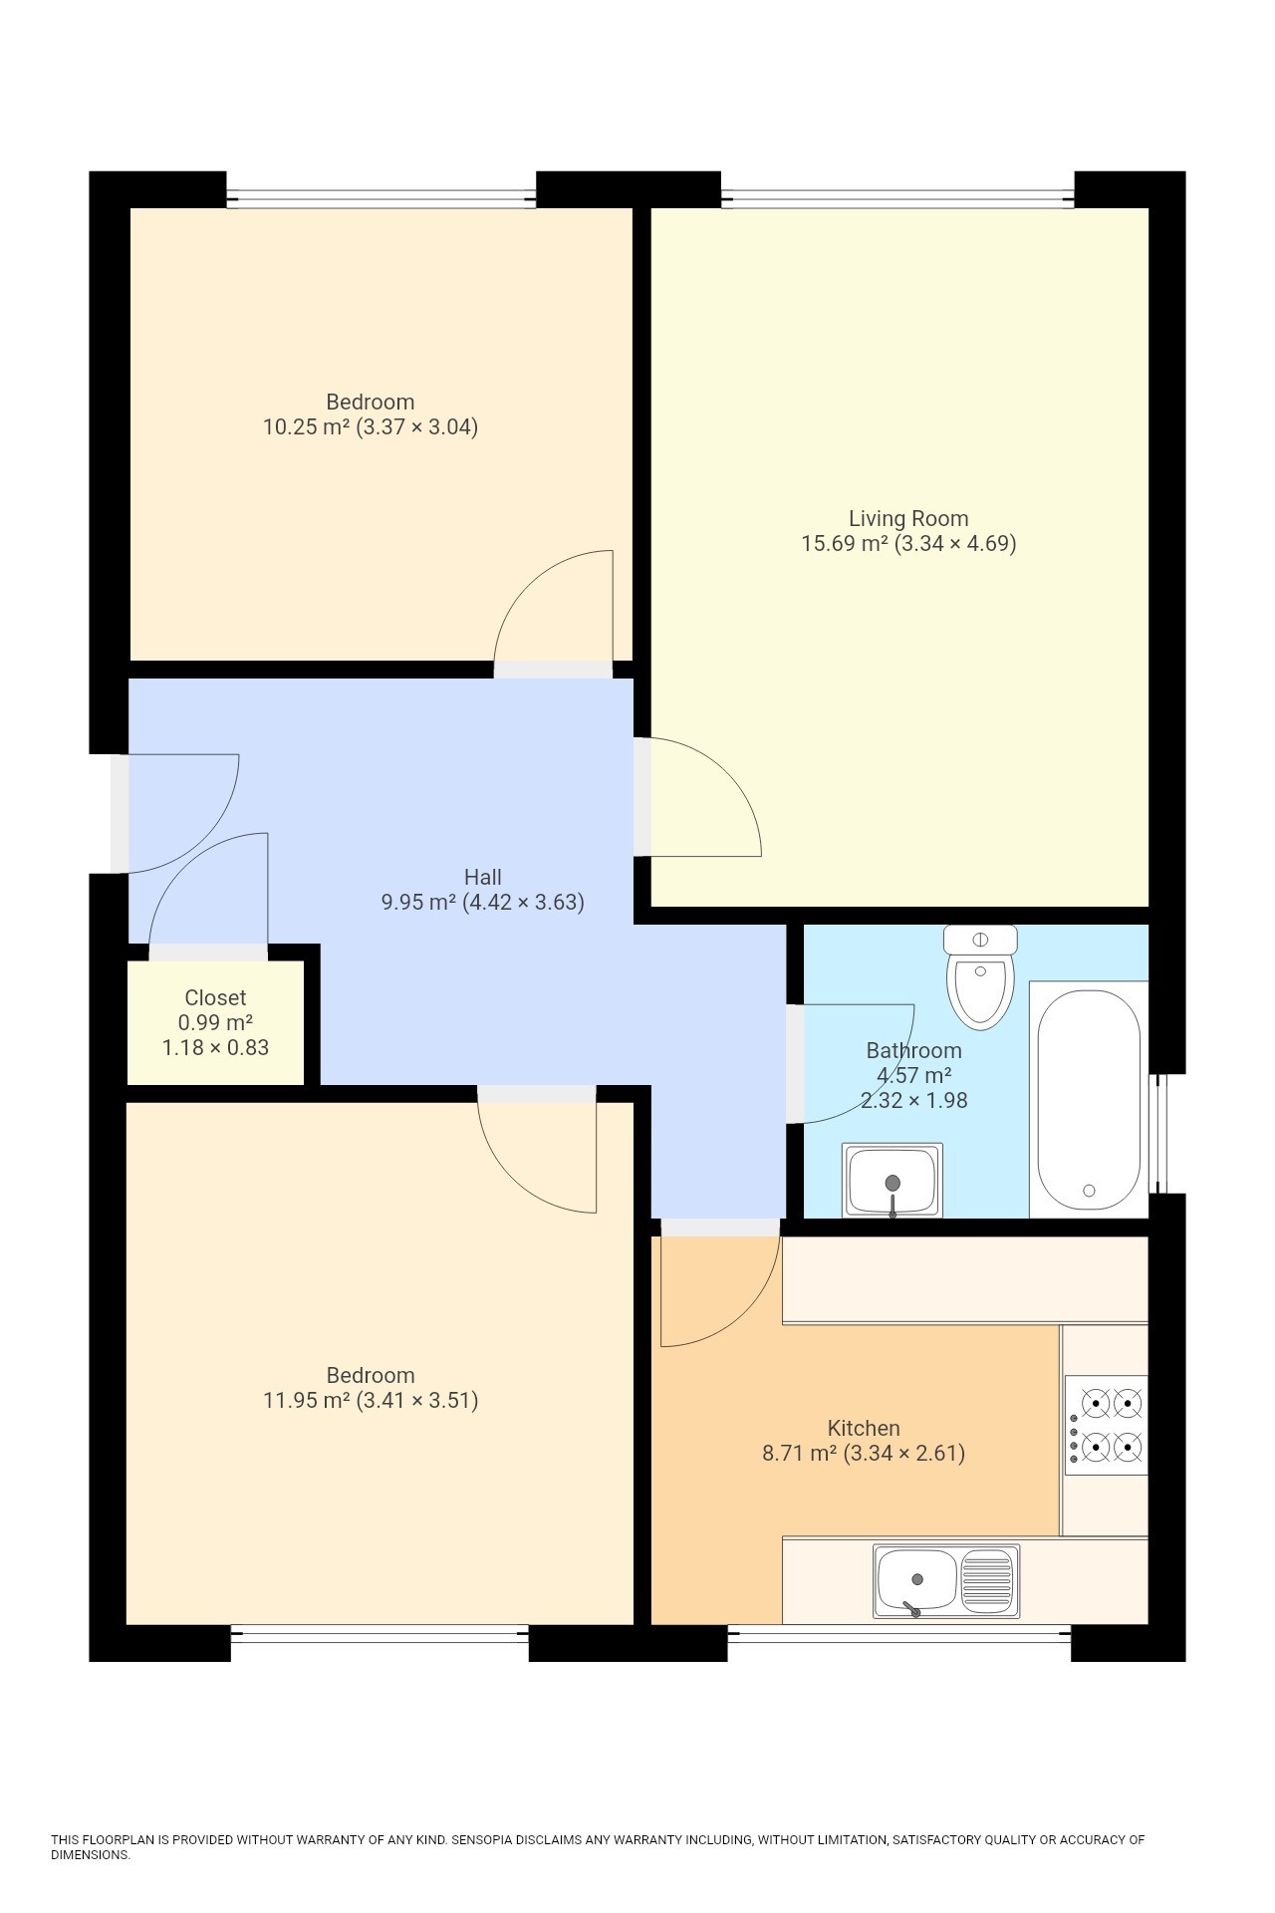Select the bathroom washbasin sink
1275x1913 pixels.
(x=892, y=1180)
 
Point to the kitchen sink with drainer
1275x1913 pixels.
(x=946, y=1581)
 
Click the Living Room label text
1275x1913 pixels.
(x=907, y=518)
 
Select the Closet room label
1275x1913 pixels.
(x=215, y=997)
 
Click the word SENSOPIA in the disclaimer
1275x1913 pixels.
(x=481, y=1839)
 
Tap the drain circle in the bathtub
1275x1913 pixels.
(x=1089, y=1191)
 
